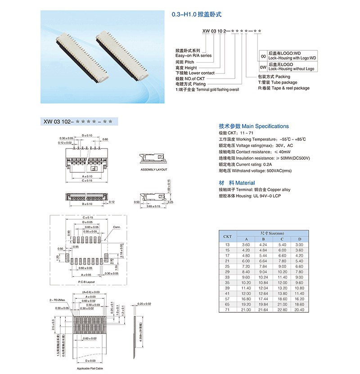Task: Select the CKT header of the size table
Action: click(227, 236)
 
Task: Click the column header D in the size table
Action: click(300, 239)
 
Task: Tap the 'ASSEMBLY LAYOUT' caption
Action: click(153, 170)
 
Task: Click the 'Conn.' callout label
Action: click(117, 227)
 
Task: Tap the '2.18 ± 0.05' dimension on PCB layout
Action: click(122, 250)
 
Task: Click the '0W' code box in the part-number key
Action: click(263, 67)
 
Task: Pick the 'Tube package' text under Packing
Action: click(283, 82)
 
